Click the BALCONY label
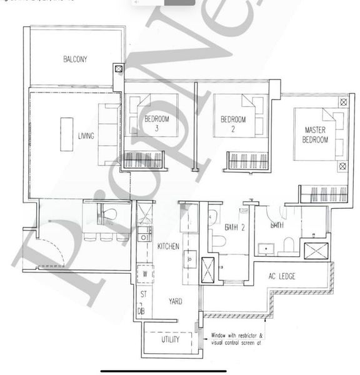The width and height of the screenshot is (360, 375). pos(75,59)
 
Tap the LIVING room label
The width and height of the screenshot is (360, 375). pos(86,136)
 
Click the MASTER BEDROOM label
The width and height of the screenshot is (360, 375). pos(316,135)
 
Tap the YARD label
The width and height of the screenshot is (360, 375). pos(175,302)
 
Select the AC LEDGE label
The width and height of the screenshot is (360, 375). pos(290,276)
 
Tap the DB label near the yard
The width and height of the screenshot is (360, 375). pos(142,310)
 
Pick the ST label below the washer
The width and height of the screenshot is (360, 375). pos(143,294)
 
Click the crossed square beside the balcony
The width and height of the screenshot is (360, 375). pos(119,70)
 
